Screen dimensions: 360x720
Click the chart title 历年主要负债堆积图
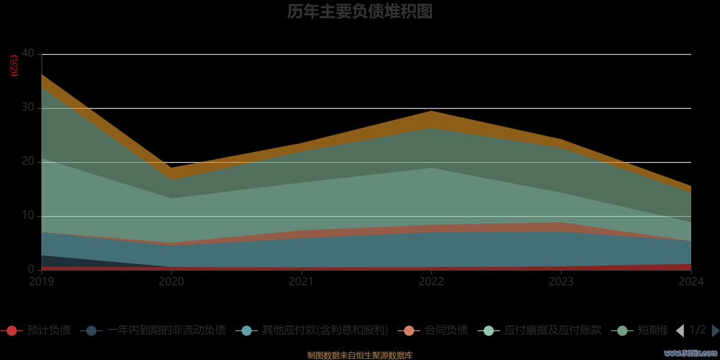pos(360,12)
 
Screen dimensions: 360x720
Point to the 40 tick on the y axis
pos(28,54)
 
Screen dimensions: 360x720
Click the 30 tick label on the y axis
pos(28,108)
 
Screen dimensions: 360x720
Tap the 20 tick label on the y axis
pos(28,162)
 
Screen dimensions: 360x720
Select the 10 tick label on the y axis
pos(28,216)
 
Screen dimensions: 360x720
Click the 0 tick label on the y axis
pos(31,269)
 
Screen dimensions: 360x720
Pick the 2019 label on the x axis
pos(41,282)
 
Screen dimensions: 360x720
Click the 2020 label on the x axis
pos(171,282)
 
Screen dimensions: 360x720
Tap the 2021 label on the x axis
pos(301,282)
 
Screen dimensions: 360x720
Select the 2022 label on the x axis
pos(431,282)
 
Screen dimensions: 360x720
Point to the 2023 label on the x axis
pos(561,282)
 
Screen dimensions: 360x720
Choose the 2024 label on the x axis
pos(691,282)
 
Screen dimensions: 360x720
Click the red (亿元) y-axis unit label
pos(14,66)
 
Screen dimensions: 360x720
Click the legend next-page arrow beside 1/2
pos(715,331)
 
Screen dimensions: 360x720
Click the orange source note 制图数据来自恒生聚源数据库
pos(360,355)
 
